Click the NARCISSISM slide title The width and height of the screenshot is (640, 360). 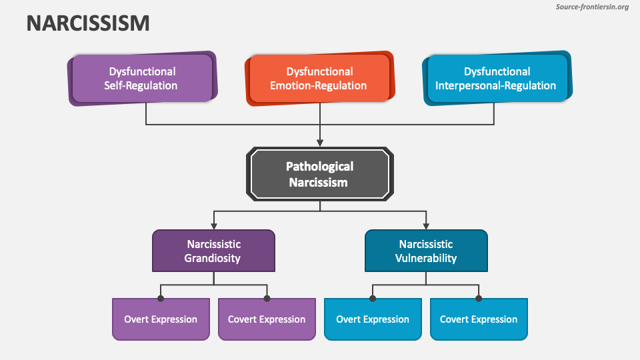click(x=88, y=23)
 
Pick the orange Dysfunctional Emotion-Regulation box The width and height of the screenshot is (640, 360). click(x=319, y=78)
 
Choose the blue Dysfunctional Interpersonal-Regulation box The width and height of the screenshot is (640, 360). click(x=496, y=78)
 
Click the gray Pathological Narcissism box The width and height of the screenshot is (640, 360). click(x=319, y=174)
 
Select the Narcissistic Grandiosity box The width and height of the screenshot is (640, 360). click(x=213, y=251)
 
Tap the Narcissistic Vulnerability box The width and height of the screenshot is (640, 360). click(x=426, y=251)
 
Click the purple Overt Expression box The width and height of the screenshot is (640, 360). click(x=161, y=319)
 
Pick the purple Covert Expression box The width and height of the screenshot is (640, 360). click(x=267, y=319)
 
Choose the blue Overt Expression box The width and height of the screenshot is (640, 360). click(x=373, y=319)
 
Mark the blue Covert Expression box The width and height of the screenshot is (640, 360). click(x=479, y=319)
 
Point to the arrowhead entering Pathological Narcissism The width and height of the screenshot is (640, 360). click(x=320, y=143)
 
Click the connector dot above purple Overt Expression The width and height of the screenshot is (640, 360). click(x=161, y=298)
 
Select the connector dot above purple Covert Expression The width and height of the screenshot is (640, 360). click(x=267, y=298)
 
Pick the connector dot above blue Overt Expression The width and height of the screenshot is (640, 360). click(x=373, y=298)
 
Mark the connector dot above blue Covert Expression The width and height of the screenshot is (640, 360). click(x=479, y=298)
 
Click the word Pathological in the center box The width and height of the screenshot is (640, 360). click(x=319, y=167)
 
